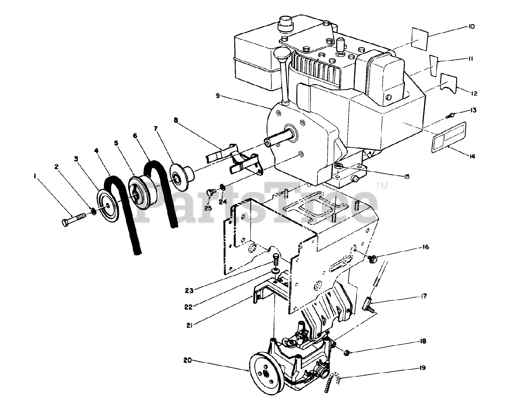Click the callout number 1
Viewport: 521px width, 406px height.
(36, 176)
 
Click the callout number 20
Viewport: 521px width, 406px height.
(187, 360)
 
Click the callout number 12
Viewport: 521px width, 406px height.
(474, 93)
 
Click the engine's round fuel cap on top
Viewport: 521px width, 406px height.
(283, 24)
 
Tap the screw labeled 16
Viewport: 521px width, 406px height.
(371, 258)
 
